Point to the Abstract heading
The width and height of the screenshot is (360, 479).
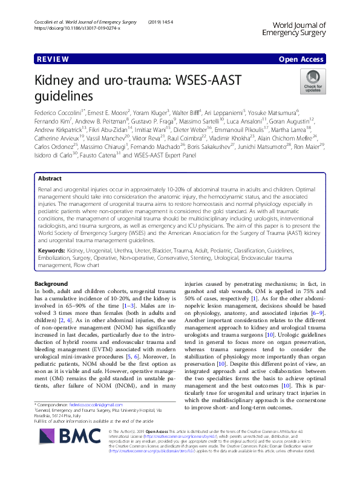pyautogui.click(x=50, y=162)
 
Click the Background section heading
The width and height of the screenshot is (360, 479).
pyautogui.click(x=51, y=284)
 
